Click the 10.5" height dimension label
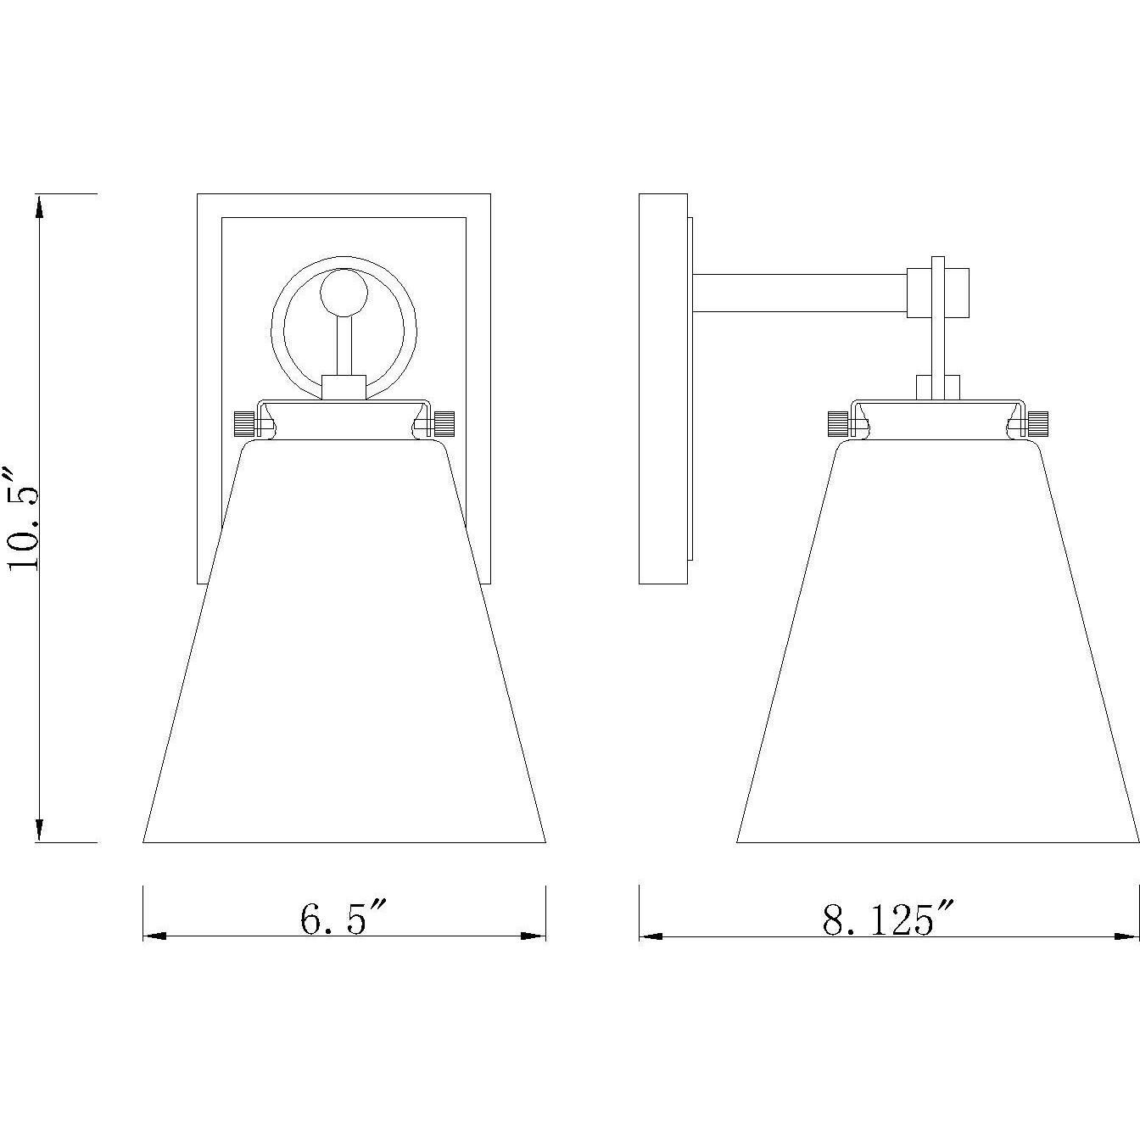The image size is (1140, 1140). tap(24, 517)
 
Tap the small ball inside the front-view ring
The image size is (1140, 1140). tap(344, 293)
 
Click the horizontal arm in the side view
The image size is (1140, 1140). tap(800, 293)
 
